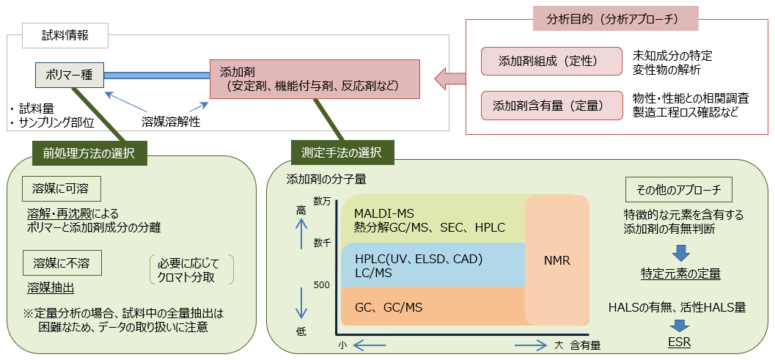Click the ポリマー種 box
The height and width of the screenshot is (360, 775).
(70, 75)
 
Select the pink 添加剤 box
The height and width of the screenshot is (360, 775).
(315, 79)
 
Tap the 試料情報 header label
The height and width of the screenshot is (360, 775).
(65, 33)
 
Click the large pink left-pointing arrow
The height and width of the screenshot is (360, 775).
(449, 76)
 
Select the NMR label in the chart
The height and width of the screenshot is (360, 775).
(557, 260)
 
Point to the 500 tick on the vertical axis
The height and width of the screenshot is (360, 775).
(322, 284)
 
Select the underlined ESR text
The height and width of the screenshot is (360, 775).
(678, 342)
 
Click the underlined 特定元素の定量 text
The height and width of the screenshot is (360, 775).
(680, 274)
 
